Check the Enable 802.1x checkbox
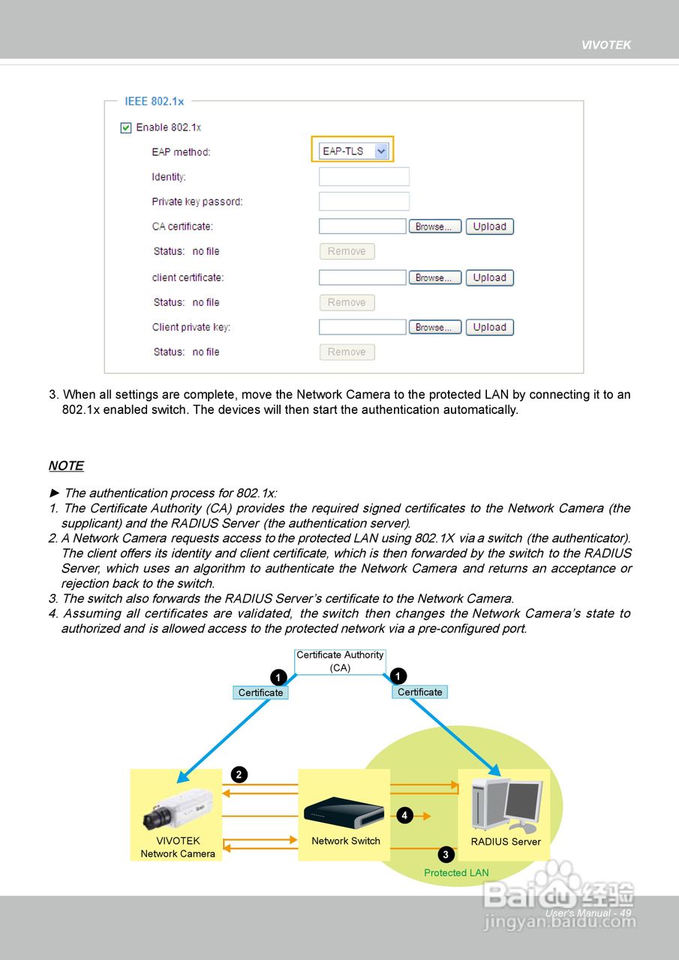tap(126, 127)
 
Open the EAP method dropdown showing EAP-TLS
tap(353, 151)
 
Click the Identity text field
tap(364, 177)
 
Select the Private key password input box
tap(364, 202)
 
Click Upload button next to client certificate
tap(489, 277)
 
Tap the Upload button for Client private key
tap(489, 327)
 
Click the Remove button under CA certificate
tap(347, 251)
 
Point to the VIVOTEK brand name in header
tap(606, 45)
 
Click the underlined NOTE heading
tap(66, 466)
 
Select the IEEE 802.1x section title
tap(154, 101)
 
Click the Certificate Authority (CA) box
tap(340, 661)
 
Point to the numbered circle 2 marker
tap(239, 775)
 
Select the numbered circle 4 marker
tap(405, 815)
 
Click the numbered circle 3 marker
tap(446, 854)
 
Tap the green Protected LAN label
tap(456, 873)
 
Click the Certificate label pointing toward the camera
tap(260, 693)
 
